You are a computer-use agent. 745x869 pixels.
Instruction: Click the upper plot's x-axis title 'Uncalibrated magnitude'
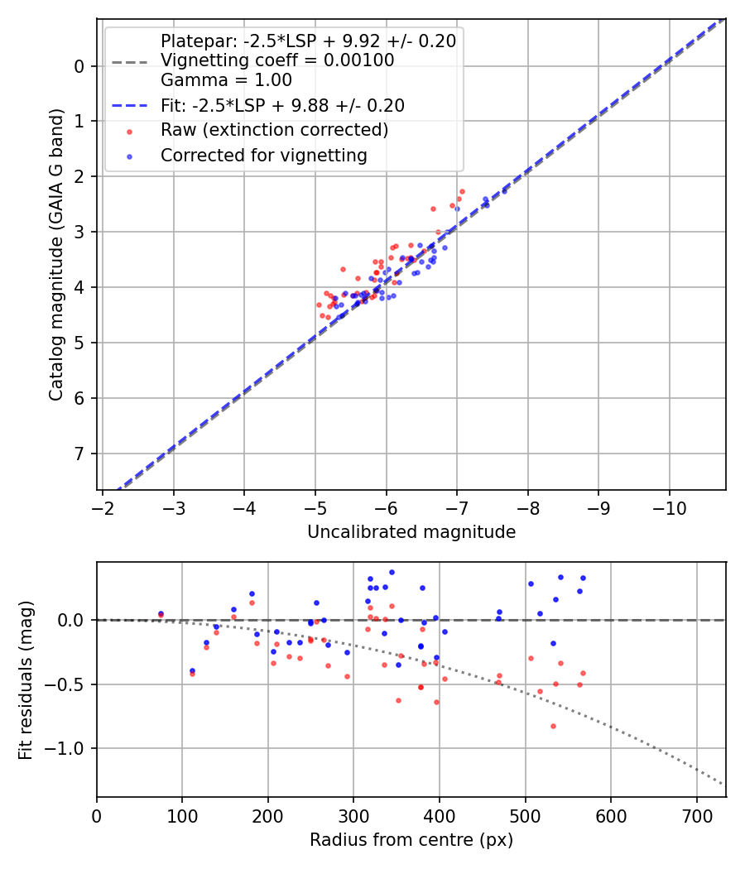411,532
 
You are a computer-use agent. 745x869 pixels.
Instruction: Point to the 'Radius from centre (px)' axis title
411,840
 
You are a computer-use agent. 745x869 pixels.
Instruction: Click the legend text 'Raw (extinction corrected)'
274,130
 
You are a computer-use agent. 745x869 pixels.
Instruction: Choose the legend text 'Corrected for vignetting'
264,155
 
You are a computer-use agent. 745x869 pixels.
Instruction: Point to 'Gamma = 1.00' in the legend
226,80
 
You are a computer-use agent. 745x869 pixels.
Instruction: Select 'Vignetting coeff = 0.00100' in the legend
277,60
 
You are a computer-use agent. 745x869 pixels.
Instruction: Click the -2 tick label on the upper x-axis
102,507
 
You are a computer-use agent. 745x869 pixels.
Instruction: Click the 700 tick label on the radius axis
696,815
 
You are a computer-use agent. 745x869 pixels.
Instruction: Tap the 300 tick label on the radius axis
353,815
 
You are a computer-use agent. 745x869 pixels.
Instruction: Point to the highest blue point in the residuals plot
392,572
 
